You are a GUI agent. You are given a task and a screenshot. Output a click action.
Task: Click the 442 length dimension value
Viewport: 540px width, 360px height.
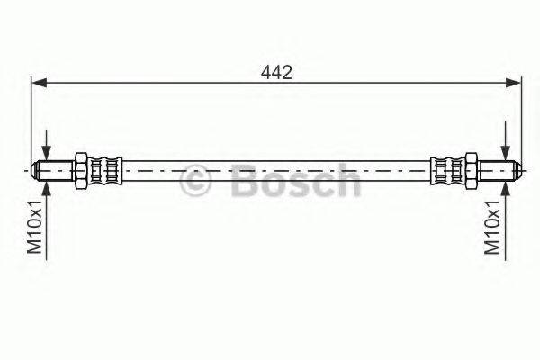pos(275,73)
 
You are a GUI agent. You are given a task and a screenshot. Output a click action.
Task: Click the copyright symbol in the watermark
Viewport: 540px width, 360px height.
pos(196,180)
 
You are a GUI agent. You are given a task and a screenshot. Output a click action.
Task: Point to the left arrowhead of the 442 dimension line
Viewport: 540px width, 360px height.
pos(38,84)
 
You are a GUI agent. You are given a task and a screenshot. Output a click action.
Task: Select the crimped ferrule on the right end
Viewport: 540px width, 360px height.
pos(447,168)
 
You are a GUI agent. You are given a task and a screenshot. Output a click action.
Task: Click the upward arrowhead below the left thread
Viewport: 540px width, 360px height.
pos(46,184)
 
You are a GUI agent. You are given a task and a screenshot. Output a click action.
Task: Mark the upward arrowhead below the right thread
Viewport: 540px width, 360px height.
pos(508,184)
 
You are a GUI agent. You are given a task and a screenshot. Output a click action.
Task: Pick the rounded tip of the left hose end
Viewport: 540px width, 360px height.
pos(35,168)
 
